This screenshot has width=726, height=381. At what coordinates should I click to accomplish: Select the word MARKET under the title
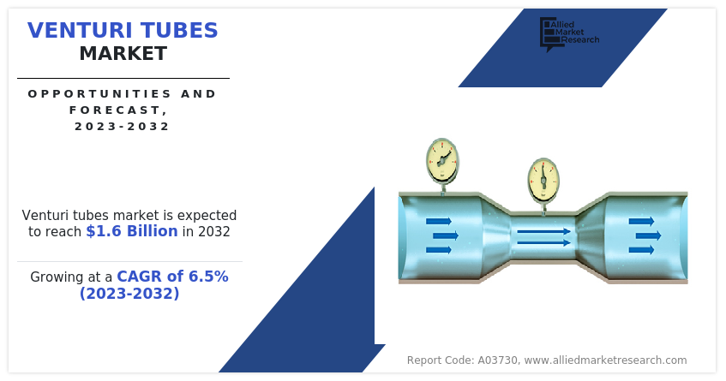click(123, 54)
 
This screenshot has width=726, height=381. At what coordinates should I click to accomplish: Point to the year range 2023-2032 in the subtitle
click(123, 126)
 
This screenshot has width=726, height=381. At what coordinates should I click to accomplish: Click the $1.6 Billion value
click(132, 230)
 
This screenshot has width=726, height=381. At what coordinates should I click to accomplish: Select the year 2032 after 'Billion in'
click(214, 231)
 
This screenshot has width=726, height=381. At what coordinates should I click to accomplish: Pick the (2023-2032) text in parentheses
click(129, 293)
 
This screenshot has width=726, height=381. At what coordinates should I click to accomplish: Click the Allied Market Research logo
click(569, 34)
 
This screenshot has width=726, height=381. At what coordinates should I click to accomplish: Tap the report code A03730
click(498, 360)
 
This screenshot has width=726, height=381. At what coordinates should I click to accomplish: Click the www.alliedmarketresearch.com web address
click(606, 360)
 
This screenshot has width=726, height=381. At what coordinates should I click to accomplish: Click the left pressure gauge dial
click(442, 160)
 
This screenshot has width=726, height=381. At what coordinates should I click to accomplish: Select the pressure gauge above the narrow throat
click(543, 181)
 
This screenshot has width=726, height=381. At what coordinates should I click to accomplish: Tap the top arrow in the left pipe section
click(439, 222)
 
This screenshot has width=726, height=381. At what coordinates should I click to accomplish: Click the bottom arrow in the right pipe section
click(641, 250)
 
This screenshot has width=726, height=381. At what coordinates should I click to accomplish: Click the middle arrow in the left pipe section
click(446, 235)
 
